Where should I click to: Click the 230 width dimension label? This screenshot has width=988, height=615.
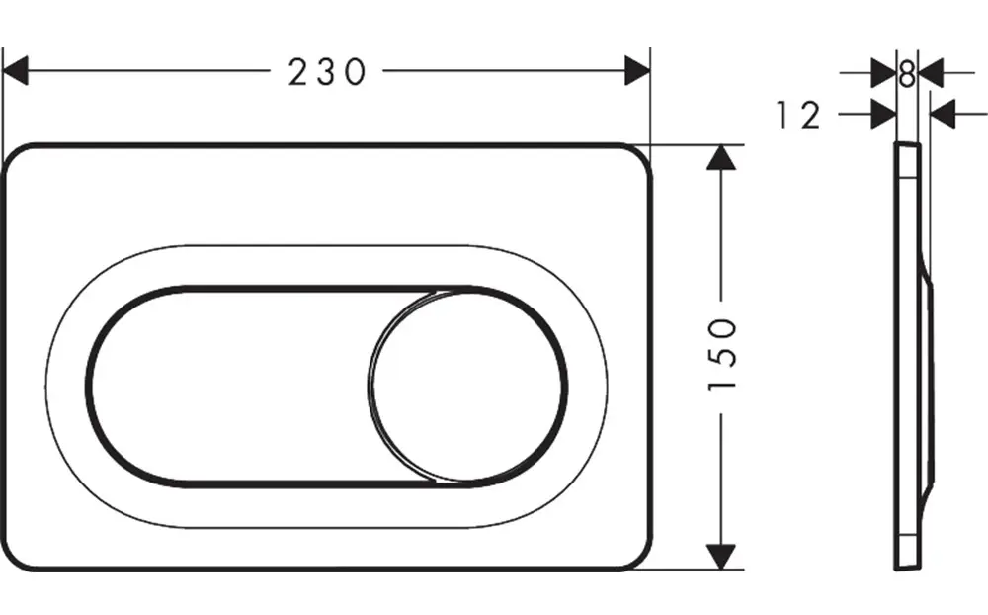click(327, 71)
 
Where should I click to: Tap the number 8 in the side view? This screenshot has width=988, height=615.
click(907, 71)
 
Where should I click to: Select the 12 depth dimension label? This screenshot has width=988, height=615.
click(797, 116)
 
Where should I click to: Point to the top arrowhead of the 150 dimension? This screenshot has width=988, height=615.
click(723, 158)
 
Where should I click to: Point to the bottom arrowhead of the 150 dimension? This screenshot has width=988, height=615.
click(723, 556)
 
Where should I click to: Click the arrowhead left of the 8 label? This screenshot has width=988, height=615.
click(882, 71)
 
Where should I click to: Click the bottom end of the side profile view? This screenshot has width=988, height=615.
click(908, 567)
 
